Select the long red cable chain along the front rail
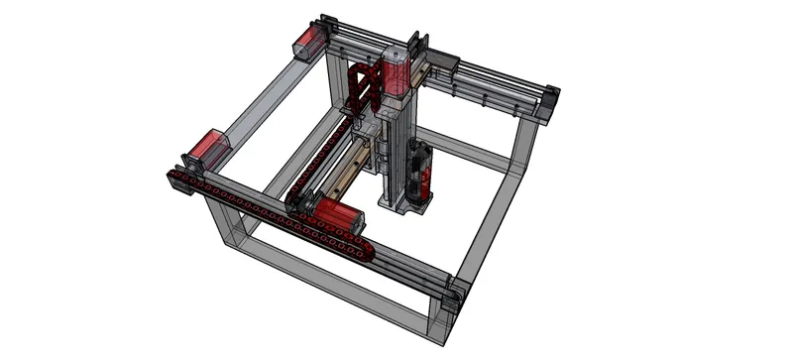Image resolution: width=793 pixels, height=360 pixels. pos(268,209)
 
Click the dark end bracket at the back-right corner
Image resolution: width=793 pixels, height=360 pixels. pos(549,99)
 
